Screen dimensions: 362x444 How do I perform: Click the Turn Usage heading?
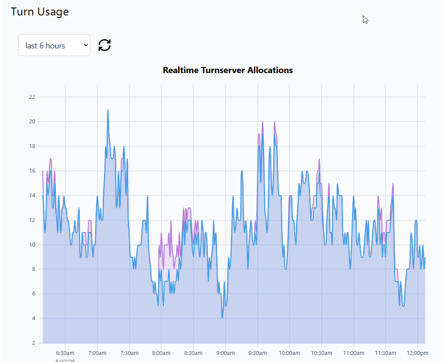tap(40, 12)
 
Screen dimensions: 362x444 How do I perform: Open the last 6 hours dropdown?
tap(54, 45)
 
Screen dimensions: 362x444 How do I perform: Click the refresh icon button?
tap(104, 45)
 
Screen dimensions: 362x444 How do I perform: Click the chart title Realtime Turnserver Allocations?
tap(228, 70)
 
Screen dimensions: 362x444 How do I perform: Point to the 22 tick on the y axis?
tap(32, 97)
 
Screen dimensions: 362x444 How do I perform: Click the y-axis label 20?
tap(32, 122)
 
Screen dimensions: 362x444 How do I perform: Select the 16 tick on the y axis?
tap(32, 171)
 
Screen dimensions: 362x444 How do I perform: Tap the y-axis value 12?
tap(32, 220)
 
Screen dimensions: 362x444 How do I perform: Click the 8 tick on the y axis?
tap(33, 270)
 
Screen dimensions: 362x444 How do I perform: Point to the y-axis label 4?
tap(33, 319)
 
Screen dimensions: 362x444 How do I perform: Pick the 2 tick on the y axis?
tap(33, 343)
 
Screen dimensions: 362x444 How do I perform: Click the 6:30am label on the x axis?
tap(65, 353)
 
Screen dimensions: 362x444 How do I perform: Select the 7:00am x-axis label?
tap(97, 353)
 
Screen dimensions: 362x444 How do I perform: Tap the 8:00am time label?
tap(161, 353)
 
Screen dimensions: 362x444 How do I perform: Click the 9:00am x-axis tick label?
tap(225, 353)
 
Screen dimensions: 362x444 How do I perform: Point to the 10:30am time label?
tap(321, 353)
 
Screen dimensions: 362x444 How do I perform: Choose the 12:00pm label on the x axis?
tap(417, 353)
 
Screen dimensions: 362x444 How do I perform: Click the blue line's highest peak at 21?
tap(107, 110)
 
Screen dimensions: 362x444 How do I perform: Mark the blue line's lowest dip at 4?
tap(222, 318)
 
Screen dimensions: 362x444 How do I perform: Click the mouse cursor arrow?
tap(365, 19)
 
